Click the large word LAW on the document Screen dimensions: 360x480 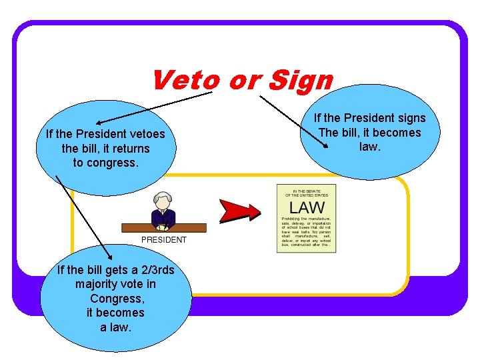[307, 207]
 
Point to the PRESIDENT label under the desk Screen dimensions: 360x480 [164, 240]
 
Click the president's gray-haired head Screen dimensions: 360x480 [162, 201]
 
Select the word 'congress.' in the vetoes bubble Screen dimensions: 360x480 [115, 163]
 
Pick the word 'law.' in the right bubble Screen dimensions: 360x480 [369, 146]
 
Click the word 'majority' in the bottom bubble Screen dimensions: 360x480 [97, 285]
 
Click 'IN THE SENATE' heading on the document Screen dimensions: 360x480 [307, 190]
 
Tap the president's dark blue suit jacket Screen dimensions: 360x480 [163, 217]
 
